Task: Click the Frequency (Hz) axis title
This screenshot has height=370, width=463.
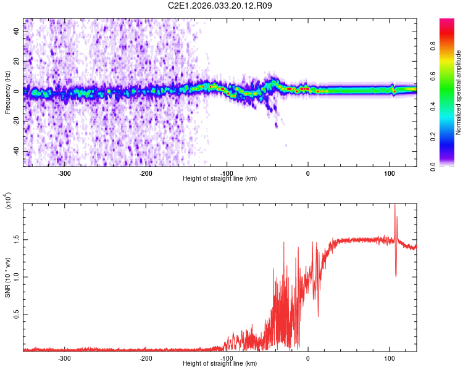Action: pyautogui.click(x=8, y=92)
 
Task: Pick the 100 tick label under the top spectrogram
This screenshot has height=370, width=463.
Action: pyautogui.click(x=389, y=173)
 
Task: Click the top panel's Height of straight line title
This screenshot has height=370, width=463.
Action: pyautogui.click(x=220, y=178)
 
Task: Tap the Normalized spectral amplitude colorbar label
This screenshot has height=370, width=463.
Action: pyautogui.click(x=459, y=92)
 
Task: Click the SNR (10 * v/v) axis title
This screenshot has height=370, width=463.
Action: pyautogui.click(x=8, y=277)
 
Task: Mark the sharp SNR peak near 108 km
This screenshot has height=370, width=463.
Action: pyautogui.click(x=395, y=207)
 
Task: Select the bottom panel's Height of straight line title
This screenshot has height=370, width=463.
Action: pyautogui.click(x=220, y=363)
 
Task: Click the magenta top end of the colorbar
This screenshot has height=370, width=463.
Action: pyautogui.click(x=448, y=22)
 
